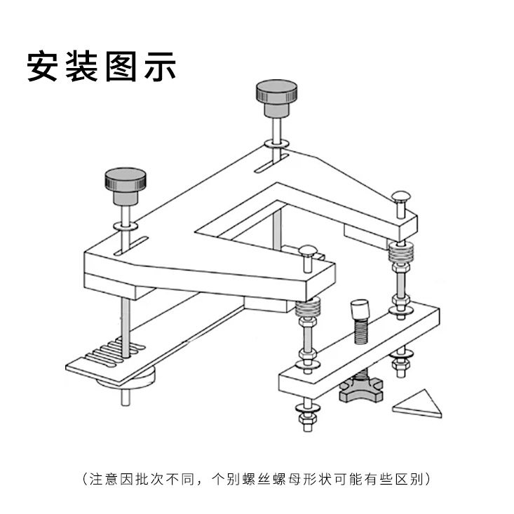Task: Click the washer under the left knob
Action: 126,228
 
